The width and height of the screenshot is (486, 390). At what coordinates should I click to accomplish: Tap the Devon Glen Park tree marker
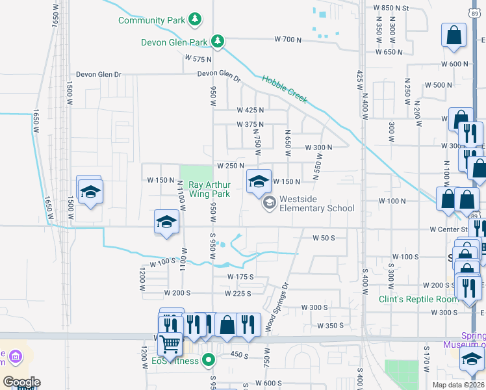click(x=218, y=42)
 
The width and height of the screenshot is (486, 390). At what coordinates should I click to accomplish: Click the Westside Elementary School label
click(x=316, y=203)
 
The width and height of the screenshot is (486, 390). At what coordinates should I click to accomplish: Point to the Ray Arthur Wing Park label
click(x=209, y=189)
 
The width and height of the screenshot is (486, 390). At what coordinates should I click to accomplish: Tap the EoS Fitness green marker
click(x=209, y=359)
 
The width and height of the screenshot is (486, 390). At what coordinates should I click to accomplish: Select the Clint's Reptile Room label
click(x=411, y=299)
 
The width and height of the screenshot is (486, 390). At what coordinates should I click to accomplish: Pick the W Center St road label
click(x=448, y=229)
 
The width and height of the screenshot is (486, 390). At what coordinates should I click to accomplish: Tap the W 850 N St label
click(x=394, y=8)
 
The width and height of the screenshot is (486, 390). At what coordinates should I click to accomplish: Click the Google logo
click(x=21, y=382)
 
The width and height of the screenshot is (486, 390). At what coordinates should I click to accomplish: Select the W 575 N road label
click(x=198, y=58)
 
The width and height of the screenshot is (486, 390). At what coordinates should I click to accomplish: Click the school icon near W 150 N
click(x=258, y=181)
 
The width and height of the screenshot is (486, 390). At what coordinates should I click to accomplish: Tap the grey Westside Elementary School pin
click(x=268, y=203)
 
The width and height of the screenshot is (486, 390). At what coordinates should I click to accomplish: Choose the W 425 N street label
click(x=250, y=110)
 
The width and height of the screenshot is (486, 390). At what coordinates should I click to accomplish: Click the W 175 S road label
click(x=240, y=277)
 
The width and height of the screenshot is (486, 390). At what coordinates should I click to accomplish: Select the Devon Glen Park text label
click(x=174, y=43)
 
